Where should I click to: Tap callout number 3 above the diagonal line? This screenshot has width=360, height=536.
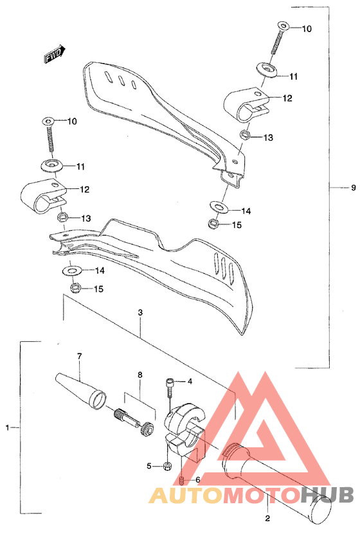(139, 313)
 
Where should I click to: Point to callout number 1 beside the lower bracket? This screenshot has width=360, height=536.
(8, 427)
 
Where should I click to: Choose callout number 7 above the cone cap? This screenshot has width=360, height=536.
(80, 356)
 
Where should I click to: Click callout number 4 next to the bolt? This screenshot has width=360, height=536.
(190, 382)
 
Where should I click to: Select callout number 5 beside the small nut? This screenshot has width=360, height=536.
(148, 465)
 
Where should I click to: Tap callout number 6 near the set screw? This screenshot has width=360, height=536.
(197, 479)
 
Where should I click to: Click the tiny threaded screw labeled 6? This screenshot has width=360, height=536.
(183, 479)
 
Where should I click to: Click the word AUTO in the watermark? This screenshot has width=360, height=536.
(185, 495)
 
